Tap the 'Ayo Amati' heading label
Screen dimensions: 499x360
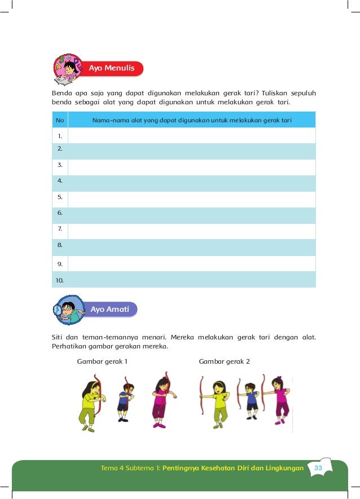click(x=109, y=309)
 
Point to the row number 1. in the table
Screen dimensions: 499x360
click(x=59, y=136)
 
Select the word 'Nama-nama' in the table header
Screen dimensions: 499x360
click(x=107, y=120)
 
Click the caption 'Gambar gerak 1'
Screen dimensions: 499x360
click(x=102, y=361)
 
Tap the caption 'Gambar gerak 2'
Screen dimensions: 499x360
click(x=224, y=361)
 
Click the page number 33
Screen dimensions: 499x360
click(x=318, y=468)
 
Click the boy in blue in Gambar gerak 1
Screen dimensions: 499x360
click(x=124, y=401)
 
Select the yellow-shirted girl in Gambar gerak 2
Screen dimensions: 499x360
click(x=217, y=404)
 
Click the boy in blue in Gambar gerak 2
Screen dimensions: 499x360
click(x=251, y=401)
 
